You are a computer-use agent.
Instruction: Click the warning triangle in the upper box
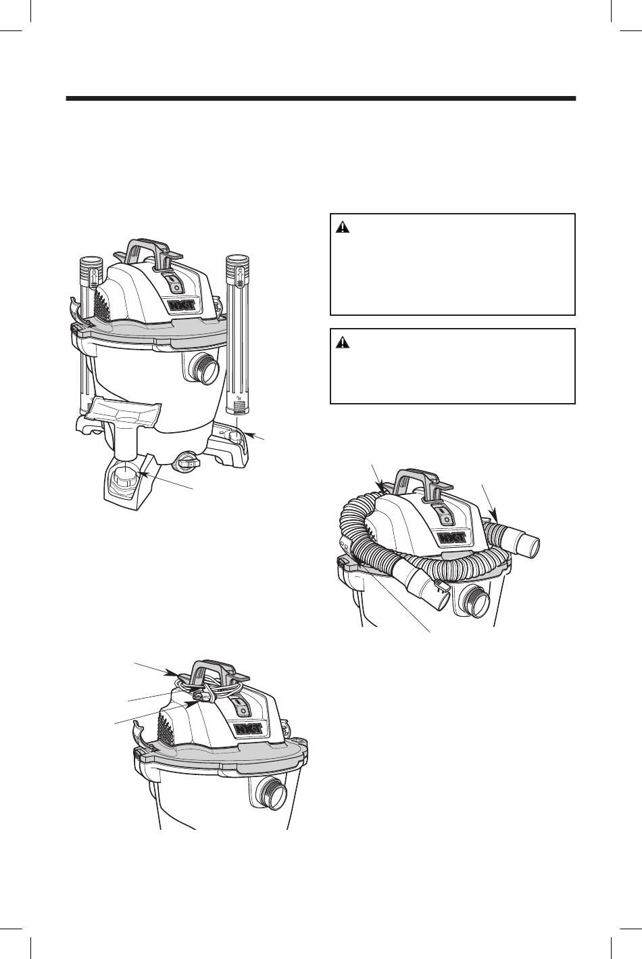pos(342,227)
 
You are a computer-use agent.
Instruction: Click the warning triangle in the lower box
pos(342,342)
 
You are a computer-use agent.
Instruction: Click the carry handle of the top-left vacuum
pos(147,252)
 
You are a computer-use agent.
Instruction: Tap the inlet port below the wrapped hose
pos(475,601)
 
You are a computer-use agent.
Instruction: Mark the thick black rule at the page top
pos(321,99)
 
